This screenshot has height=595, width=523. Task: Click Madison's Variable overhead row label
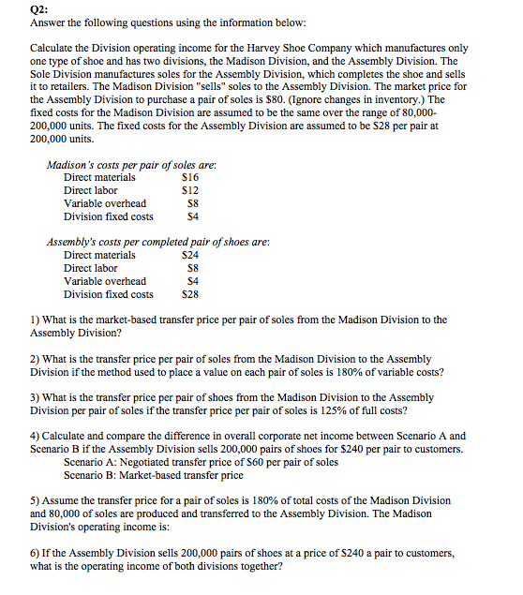pos(105,203)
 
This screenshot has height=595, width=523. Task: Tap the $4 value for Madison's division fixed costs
pos(193,216)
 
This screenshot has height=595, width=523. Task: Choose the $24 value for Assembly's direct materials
pos(189,255)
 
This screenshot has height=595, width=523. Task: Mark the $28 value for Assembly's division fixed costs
pos(189,294)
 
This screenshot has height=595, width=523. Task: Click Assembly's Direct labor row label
pos(91,268)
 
